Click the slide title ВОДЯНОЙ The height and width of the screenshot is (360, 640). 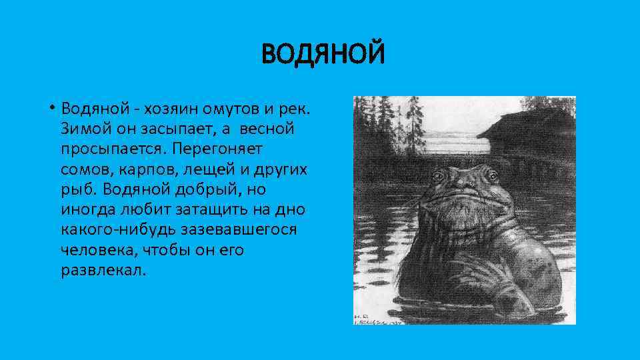(323, 54)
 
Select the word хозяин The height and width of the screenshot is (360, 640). (169, 108)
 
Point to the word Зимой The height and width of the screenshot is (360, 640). (82, 129)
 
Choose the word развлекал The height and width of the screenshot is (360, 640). (101, 272)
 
